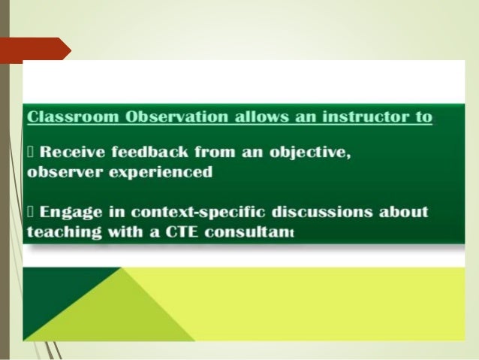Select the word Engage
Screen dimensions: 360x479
[69, 211]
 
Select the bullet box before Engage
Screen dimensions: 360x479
[31, 211]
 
